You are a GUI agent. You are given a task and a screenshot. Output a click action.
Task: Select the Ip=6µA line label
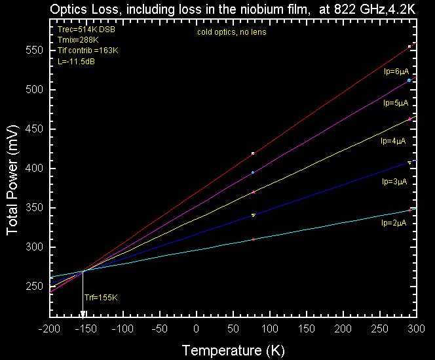[396, 71]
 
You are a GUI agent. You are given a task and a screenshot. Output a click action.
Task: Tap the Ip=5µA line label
[396, 103]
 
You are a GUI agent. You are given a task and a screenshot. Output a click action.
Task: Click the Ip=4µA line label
[393, 140]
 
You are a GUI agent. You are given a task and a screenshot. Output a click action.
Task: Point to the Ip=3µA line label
[394, 182]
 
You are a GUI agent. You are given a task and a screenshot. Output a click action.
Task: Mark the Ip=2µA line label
[394, 223]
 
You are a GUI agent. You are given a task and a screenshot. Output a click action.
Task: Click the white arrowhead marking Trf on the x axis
[83, 314]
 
